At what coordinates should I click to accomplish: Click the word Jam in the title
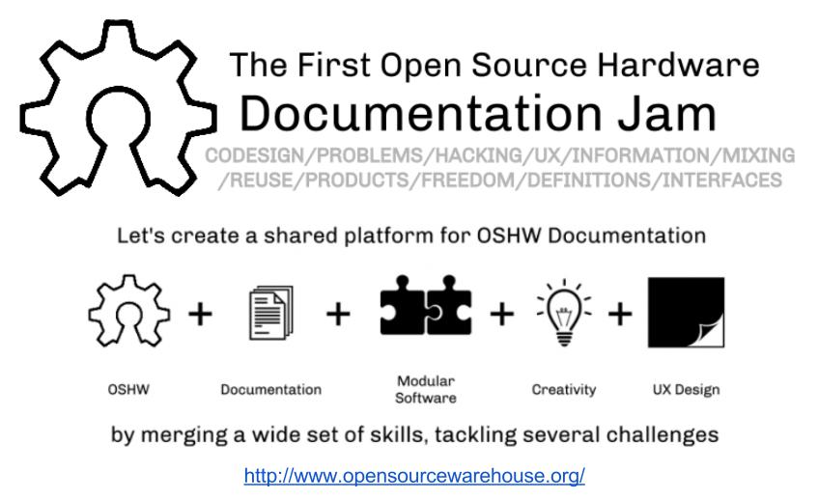[667, 114]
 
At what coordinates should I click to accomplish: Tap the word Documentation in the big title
[420, 114]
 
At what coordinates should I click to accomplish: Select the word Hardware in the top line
[678, 66]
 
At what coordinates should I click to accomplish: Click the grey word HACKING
[479, 155]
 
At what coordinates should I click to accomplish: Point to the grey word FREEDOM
[468, 180]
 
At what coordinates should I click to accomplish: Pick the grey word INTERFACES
[722, 180]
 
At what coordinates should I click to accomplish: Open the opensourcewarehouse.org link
[414, 476]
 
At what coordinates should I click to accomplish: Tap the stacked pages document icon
[271, 313]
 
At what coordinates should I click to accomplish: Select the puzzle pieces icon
[426, 305]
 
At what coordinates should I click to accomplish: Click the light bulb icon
[564, 313]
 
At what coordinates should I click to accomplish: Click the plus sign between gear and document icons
[200, 314]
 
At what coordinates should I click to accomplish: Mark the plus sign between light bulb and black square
[620, 314]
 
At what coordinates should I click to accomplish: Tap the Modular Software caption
[426, 390]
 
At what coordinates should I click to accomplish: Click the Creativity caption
[564, 390]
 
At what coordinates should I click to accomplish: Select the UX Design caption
[686, 390]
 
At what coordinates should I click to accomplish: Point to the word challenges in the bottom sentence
[663, 434]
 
